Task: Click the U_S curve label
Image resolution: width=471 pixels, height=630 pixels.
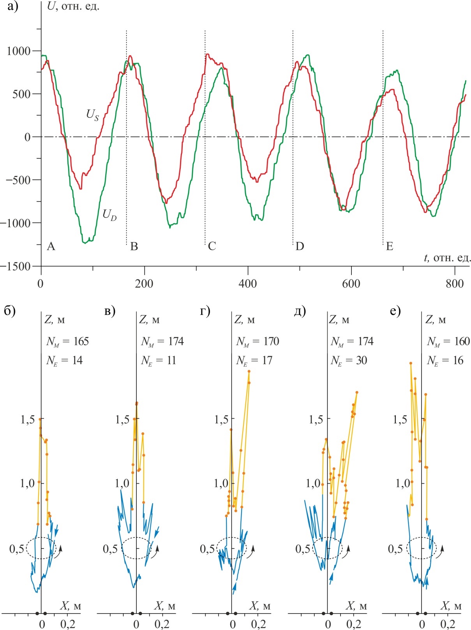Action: click(92, 115)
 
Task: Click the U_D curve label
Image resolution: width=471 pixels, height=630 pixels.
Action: click(109, 214)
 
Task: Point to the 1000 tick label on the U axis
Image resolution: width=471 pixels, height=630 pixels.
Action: click(19, 51)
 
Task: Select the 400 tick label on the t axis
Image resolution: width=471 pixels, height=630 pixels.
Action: click(248, 284)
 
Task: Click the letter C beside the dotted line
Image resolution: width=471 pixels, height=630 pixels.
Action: click(212, 246)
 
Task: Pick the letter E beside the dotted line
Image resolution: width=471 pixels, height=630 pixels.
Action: click(389, 246)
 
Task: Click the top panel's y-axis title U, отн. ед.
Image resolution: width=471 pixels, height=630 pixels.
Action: click(73, 6)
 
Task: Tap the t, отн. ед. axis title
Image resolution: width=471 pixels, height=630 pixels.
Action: click(447, 258)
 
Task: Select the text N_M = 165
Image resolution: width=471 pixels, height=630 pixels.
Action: click(67, 342)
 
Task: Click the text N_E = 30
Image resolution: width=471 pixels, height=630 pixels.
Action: click(349, 361)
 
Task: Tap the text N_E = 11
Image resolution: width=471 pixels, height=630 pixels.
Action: click(158, 361)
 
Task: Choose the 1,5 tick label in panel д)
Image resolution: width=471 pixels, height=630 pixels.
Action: click(316, 419)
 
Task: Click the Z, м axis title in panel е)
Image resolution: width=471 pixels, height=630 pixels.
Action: click(435, 320)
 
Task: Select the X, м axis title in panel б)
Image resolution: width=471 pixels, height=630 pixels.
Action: click(71, 605)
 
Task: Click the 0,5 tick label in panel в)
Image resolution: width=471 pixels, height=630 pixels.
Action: click(110, 549)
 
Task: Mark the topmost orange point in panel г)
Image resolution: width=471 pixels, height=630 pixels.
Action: click(249, 371)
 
